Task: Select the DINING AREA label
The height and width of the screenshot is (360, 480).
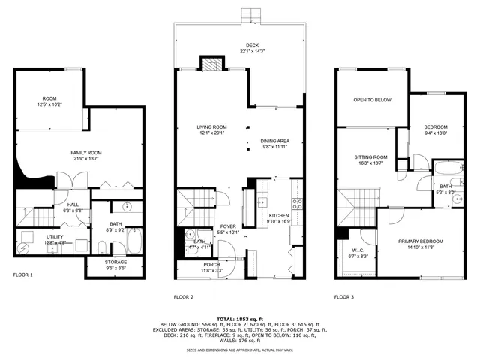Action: click(274, 141)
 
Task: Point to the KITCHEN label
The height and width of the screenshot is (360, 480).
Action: click(279, 215)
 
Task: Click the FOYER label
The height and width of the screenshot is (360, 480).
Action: click(228, 226)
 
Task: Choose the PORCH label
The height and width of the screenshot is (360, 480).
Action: click(212, 265)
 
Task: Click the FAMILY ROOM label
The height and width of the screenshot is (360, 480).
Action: click(86, 153)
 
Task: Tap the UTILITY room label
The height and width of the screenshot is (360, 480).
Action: click(34, 236)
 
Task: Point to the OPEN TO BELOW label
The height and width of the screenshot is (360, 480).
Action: click(373, 98)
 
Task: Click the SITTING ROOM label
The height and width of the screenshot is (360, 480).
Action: click(370, 157)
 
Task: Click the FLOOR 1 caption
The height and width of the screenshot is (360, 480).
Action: click(23, 275)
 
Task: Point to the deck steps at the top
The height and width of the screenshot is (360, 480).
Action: click(250, 16)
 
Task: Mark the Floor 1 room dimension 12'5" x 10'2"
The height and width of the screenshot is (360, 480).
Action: click(49, 103)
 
